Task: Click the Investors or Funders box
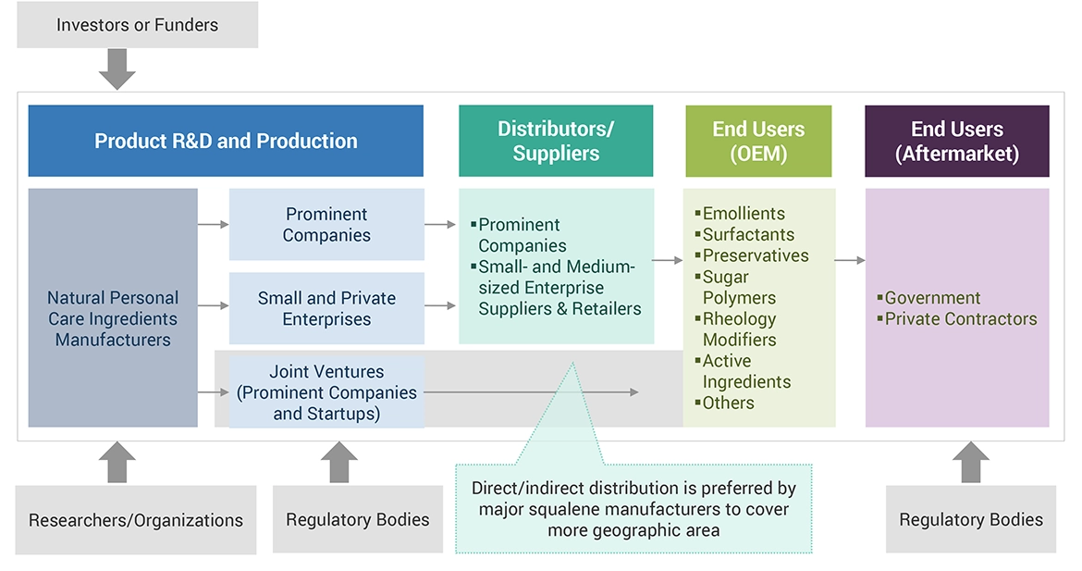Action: (x=137, y=25)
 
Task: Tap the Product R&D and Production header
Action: (x=226, y=141)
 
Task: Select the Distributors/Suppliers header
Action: (x=556, y=141)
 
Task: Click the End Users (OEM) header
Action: (x=758, y=141)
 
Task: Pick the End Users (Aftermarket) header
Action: (x=957, y=141)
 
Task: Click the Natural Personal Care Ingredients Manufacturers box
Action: (x=113, y=318)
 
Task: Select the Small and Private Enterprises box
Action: (x=326, y=308)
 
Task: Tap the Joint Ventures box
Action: (x=326, y=392)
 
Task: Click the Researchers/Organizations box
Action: (x=136, y=520)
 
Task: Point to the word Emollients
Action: (x=744, y=214)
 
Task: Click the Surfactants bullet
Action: (x=748, y=235)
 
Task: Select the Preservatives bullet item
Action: (x=755, y=255)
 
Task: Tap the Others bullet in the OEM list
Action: (x=728, y=403)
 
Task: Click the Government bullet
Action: (x=932, y=298)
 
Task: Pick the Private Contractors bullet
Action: (x=960, y=318)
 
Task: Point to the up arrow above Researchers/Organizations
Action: (x=117, y=461)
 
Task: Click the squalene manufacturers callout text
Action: (x=633, y=509)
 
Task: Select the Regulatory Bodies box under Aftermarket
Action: (x=971, y=520)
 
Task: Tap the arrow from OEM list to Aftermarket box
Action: (x=850, y=261)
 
